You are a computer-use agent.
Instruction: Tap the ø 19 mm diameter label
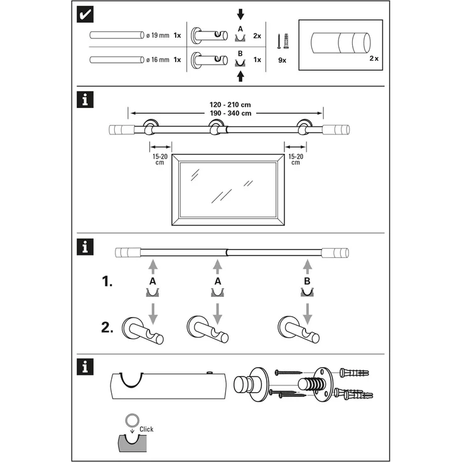(158, 35)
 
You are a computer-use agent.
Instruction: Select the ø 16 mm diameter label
(158, 60)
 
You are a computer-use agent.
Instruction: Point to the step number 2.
(107, 328)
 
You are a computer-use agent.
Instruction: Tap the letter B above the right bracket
(307, 282)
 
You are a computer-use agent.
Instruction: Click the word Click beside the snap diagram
(147, 429)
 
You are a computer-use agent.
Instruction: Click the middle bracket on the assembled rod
(217, 130)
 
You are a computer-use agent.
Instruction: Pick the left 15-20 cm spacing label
(160, 159)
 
